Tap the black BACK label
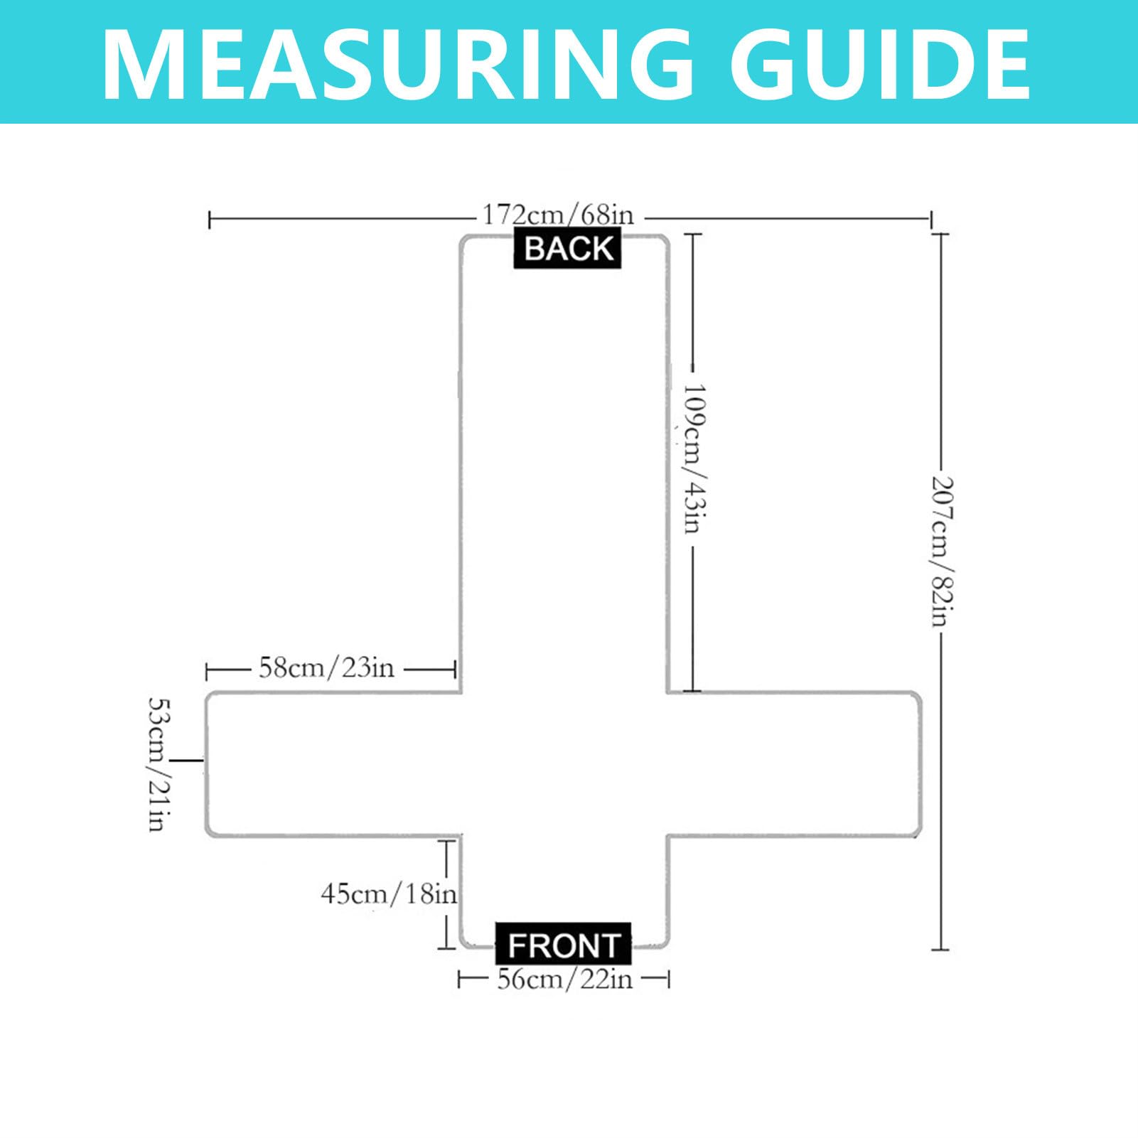pyautogui.click(x=568, y=249)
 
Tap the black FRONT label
pyautogui.click(x=563, y=945)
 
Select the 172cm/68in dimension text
pyautogui.click(x=558, y=214)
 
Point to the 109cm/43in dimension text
pyautogui.click(x=693, y=458)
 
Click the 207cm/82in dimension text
pyautogui.click(x=941, y=551)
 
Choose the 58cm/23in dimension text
pyautogui.click(x=326, y=668)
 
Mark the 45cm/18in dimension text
pyautogui.click(x=389, y=893)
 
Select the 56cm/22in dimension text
pyautogui.click(x=564, y=979)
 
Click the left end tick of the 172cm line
pyautogui.click(x=210, y=220)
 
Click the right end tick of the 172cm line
pyautogui.click(x=931, y=220)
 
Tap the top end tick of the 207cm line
pyautogui.click(x=940, y=234)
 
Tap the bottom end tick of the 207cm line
pyautogui.click(x=940, y=949)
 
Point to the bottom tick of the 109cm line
pyautogui.click(x=692, y=690)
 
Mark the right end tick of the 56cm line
pyautogui.click(x=667, y=980)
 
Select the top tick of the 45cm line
pyautogui.click(x=446, y=841)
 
